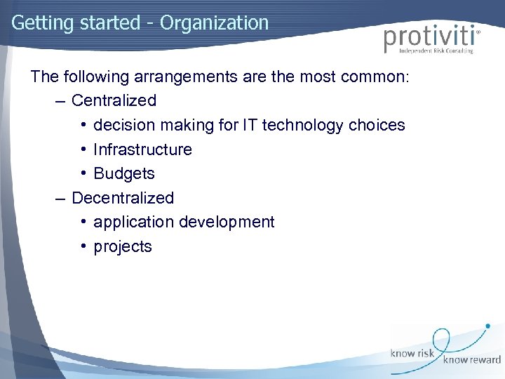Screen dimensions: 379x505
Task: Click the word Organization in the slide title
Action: [214, 23]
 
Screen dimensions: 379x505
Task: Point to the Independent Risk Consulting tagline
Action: [436, 51]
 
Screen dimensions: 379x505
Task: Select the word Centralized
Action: [114, 100]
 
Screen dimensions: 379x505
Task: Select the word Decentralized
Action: [123, 198]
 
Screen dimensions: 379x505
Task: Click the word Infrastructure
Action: [142, 149]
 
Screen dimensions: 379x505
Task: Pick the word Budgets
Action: [124, 173]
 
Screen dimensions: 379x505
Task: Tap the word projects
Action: [123, 246]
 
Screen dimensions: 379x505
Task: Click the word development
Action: [227, 222]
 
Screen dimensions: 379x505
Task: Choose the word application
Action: [133, 222]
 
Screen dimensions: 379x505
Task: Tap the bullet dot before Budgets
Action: [83, 173]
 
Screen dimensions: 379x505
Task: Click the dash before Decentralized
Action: [61, 198]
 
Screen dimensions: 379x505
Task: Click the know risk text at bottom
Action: [414, 353]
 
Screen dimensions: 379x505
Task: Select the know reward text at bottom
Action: [471, 360]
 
